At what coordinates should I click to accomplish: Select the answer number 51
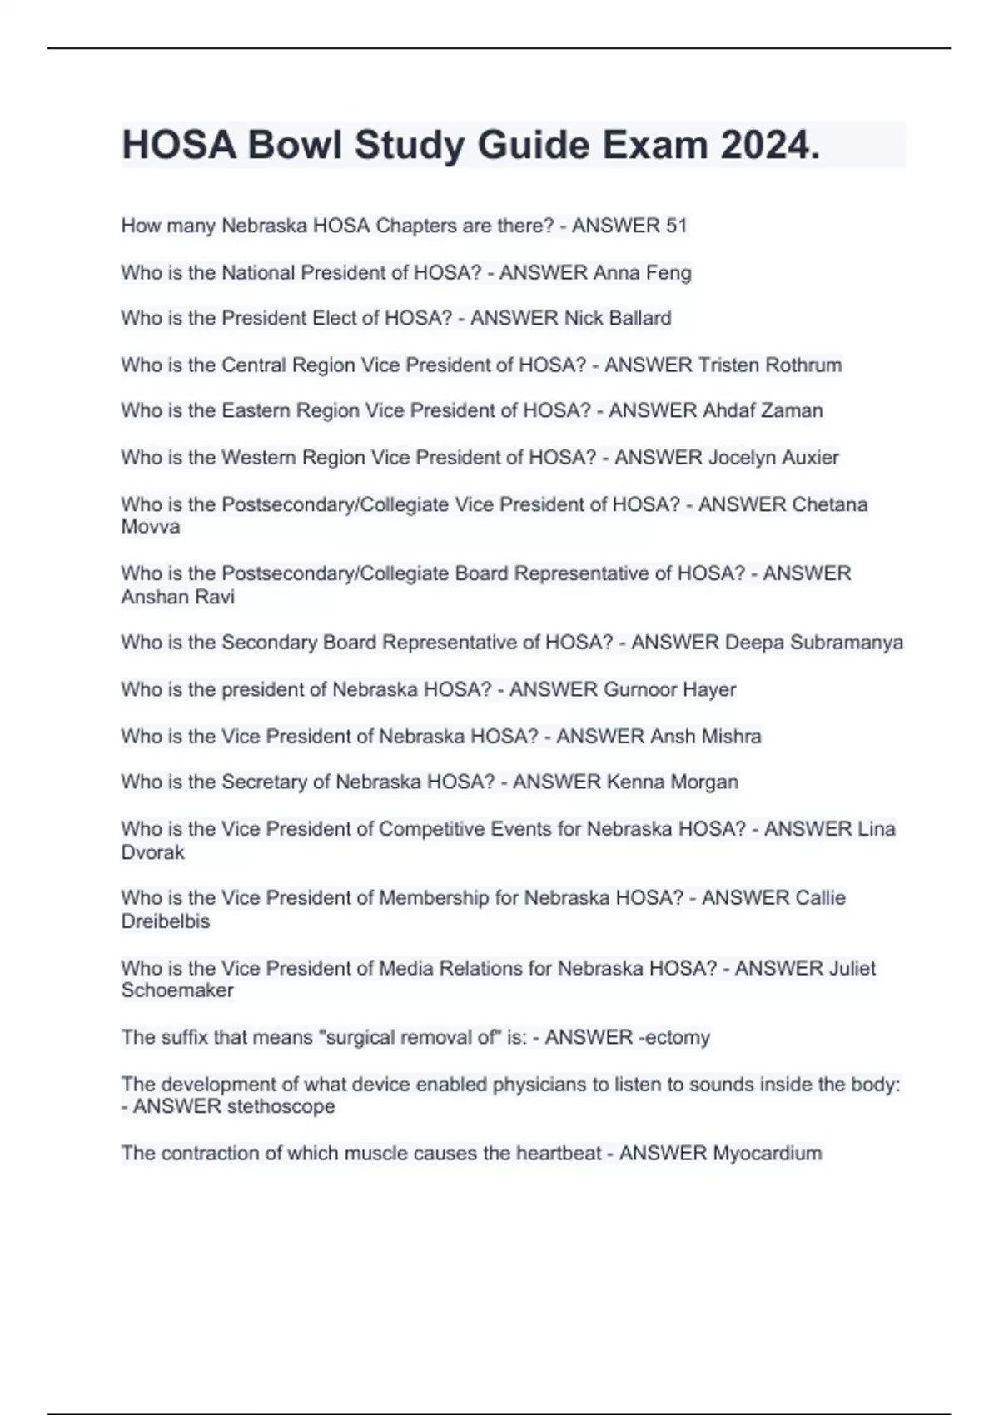(x=676, y=226)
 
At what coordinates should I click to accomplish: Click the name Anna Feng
(x=642, y=272)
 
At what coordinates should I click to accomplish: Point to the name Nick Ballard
(x=618, y=318)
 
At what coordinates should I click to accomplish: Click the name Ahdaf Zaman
(x=763, y=410)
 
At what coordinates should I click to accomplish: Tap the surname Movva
(x=151, y=527)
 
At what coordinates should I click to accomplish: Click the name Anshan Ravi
(x=178, y=597)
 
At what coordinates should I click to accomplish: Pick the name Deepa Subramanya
(x=813, y=643)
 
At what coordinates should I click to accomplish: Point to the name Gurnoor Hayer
(x=669, y=689)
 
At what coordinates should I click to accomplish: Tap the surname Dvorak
(x=153, y=852)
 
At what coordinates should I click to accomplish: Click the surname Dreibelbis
(x=166, y=921)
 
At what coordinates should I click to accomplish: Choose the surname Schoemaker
(x=177, y=990)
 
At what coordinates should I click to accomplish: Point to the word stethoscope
(x=281, y=1106)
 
